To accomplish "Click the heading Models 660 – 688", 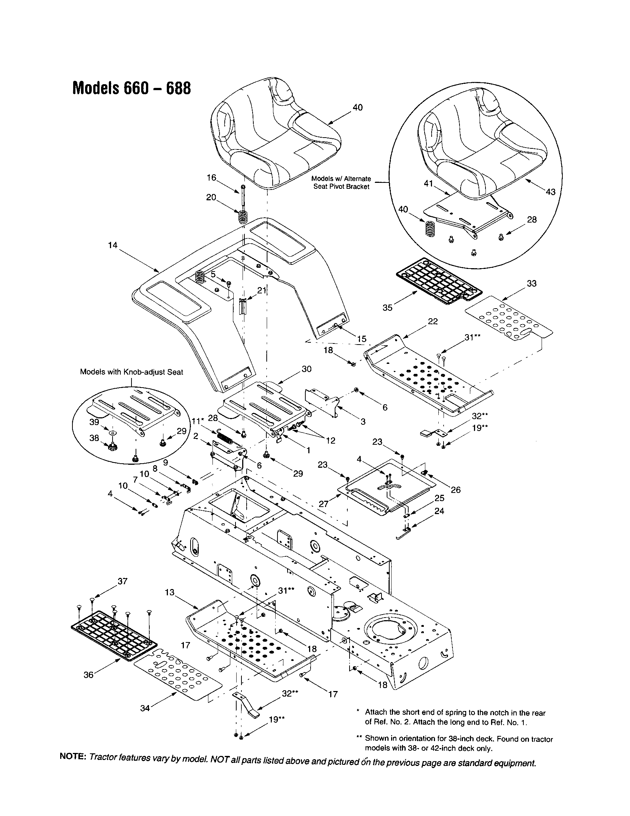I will (x=131, y=88).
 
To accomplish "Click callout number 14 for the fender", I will (x=113, y=245).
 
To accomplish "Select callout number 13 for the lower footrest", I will (x=169, y=593).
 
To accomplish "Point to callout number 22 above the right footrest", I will (x=433, y=322).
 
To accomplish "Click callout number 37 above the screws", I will (x=122, y=581).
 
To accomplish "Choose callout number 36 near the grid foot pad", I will (x=88, y=675).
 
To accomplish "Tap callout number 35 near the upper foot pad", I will (x=387, y=307).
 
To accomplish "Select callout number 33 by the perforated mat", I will (x=532, y=284).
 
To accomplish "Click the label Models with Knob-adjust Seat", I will (x=132, y=372).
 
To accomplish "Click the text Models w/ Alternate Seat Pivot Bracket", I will (x=341, y=183).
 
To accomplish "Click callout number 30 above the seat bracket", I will (x=306, y=369).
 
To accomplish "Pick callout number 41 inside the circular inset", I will (x=428, y=184).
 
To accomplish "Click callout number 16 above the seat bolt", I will (x=212, y=178).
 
